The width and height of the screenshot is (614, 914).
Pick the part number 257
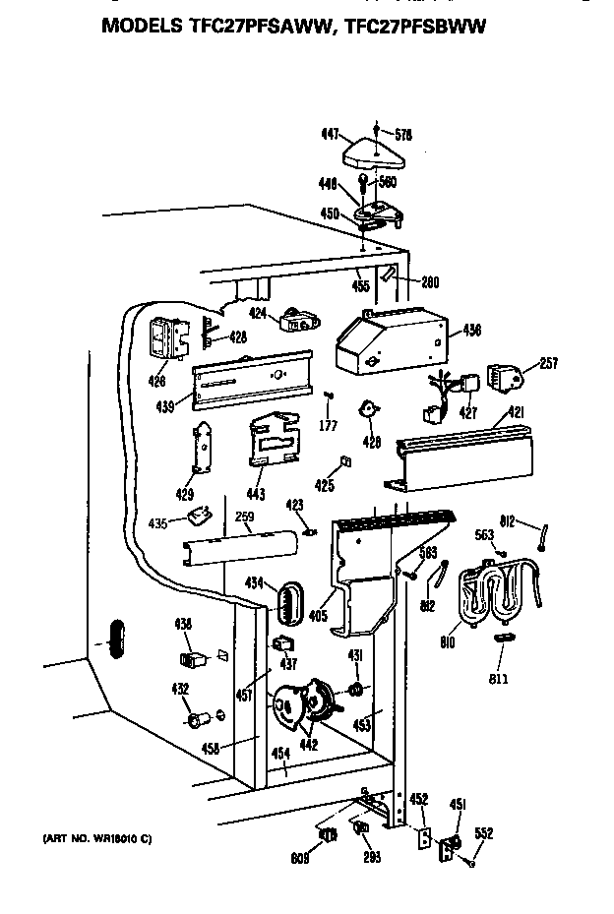(x=548, y=364)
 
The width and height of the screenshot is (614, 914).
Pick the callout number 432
(x=180, y=689)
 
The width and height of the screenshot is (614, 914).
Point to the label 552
(x=483, y=832)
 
